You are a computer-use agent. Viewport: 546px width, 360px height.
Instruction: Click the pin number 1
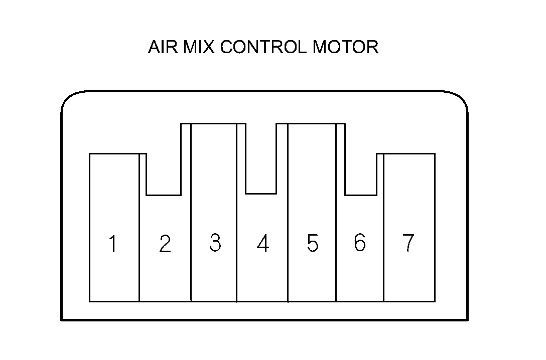click(113, 244)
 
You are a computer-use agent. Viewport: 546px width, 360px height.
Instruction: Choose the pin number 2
click(165, 244)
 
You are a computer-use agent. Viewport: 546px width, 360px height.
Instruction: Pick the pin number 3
click(215, 243)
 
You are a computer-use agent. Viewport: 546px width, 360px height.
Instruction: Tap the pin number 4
click(262, 244)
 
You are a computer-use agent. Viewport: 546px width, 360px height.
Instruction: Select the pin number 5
click(312, 244)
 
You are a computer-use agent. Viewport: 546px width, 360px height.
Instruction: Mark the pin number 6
click(359, 243)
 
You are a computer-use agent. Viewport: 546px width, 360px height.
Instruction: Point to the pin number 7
click(408, 243)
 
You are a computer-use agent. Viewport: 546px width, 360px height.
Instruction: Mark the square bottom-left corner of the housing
click(62, 319)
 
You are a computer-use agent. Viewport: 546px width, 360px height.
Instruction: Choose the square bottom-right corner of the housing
click(468, 319)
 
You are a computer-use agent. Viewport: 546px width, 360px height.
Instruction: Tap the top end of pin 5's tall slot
click(312, 124)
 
